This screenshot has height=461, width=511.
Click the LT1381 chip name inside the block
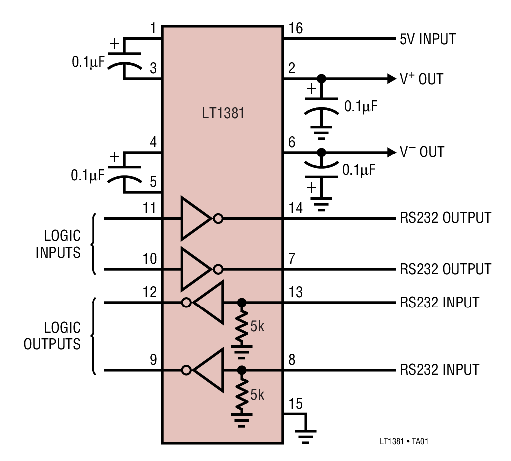point(222,113)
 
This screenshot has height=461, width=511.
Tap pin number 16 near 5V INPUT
point(295,28)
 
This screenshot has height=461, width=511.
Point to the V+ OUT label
point(421,79)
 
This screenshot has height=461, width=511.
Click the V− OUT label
point(422,152)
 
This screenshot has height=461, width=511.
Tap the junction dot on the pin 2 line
point(322,79)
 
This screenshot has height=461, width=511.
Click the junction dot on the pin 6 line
point(322,152)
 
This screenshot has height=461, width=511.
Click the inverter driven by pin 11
point(196,218)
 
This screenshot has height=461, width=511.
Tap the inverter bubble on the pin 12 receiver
point(186,302)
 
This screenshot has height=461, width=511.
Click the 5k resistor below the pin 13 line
point(242,327)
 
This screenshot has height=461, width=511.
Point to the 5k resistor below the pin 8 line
point(242,394)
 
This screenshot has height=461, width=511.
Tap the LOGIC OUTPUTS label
point(53,336)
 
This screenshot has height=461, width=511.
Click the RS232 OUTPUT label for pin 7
point(445,269)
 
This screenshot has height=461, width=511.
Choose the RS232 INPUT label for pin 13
point(439,303)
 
